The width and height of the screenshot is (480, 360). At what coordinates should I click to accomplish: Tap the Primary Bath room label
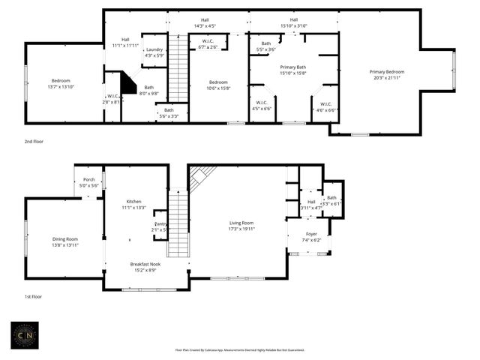pos(293,67)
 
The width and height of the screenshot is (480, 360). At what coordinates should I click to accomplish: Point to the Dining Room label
pos(64,239)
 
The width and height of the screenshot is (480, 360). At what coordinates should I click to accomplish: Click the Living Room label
pos(241,223)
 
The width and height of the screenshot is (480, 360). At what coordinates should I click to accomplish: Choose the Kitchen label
pos(133,202)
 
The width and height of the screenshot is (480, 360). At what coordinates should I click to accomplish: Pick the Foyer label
pos(310,234)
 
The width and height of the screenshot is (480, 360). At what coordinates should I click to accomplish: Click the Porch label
pos(89,179)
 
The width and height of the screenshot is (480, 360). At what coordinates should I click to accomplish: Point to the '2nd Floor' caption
pos(34,141)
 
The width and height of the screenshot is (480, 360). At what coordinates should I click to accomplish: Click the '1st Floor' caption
pos(34,297)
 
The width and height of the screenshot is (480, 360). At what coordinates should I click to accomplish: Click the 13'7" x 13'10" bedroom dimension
pos(61,87)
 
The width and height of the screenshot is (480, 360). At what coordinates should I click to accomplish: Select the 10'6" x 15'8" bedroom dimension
pos(218,88)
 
